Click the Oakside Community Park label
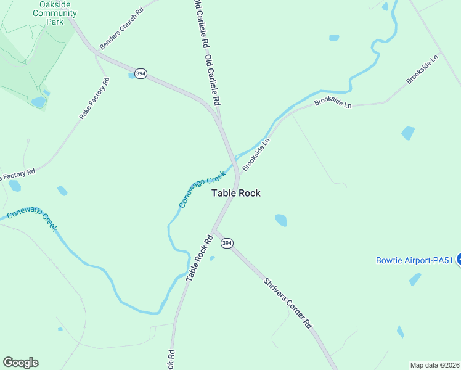coord(58,13)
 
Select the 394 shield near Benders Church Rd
coord(142,73)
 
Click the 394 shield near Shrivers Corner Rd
coord(227,244)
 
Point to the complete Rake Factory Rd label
coord(94,99)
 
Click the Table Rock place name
coord(236,193)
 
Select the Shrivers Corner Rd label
coord(288,303)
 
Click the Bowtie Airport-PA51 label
coord(414,260)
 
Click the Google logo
coord(20,362)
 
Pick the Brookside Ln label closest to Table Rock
coord(256,154)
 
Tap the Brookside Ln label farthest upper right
coord(422,70)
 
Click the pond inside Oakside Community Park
coord(38,102)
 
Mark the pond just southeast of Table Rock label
coord(281,220)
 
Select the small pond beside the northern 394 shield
coord(132,76)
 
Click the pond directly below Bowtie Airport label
coord(415,279)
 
